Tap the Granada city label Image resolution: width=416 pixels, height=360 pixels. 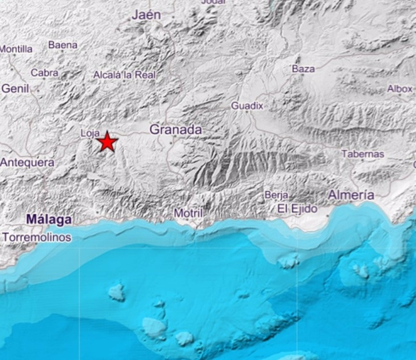tap(176, 130)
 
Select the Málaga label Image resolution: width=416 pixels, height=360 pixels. tap(49, 220)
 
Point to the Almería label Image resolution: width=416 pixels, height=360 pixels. tap(351, 195)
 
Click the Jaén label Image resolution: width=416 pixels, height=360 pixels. tap(146, 14)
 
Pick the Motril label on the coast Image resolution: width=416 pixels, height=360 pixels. tap(188, 213)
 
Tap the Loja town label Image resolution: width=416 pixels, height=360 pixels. tap(90, 133)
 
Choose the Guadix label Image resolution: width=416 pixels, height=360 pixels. tap(247, 106)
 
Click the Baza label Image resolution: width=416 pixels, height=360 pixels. tap(303, 68)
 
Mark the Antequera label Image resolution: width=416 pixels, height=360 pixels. tap(27, 162)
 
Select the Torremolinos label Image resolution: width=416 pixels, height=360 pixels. tap(37, 237)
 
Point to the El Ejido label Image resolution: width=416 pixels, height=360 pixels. tap(298, 208)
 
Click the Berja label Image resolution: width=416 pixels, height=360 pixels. tap(276, 195)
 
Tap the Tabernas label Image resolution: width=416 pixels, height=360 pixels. tap(363, 153)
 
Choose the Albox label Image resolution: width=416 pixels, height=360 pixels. tap(400, 89)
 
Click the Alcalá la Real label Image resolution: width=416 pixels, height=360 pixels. tap(124, 75)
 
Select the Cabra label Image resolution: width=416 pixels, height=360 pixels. tap(44, 73)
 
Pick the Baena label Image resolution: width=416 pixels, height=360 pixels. tap(63, 45)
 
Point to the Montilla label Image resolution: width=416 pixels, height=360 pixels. tap(16, 49)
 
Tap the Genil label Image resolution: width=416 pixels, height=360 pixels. tap(16, 89)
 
